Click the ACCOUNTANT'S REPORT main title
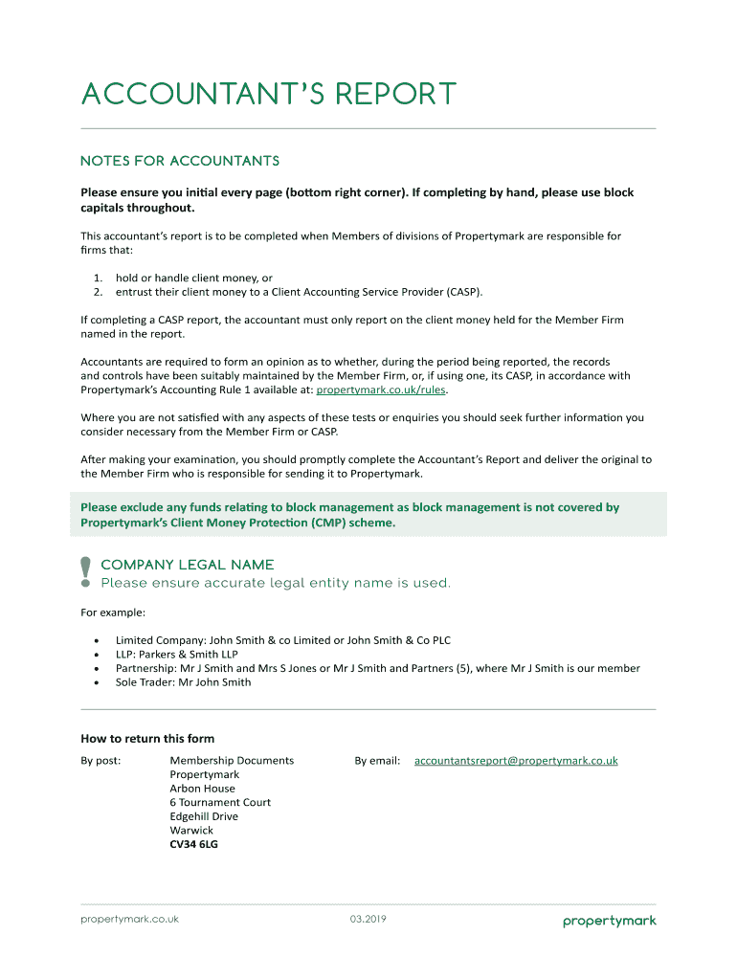(269, 95)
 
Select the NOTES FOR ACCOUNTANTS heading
(180, 161)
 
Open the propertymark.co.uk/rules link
(381, 390)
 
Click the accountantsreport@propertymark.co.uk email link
(516, 761)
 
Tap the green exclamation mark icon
(85, 571)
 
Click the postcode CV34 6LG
(194, 844)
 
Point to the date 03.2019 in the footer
(368, 920)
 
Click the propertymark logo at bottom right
(609, 922)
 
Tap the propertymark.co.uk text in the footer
(129, 920)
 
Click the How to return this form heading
(147, 739)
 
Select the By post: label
(100, 761)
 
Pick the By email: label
(377, 761)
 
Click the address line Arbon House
(202, 789)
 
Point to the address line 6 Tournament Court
(220, 802)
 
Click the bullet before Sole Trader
(97, 682)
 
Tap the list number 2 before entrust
(98, 292)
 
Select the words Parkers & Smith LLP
(187, 655)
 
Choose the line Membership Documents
(232, 761)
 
